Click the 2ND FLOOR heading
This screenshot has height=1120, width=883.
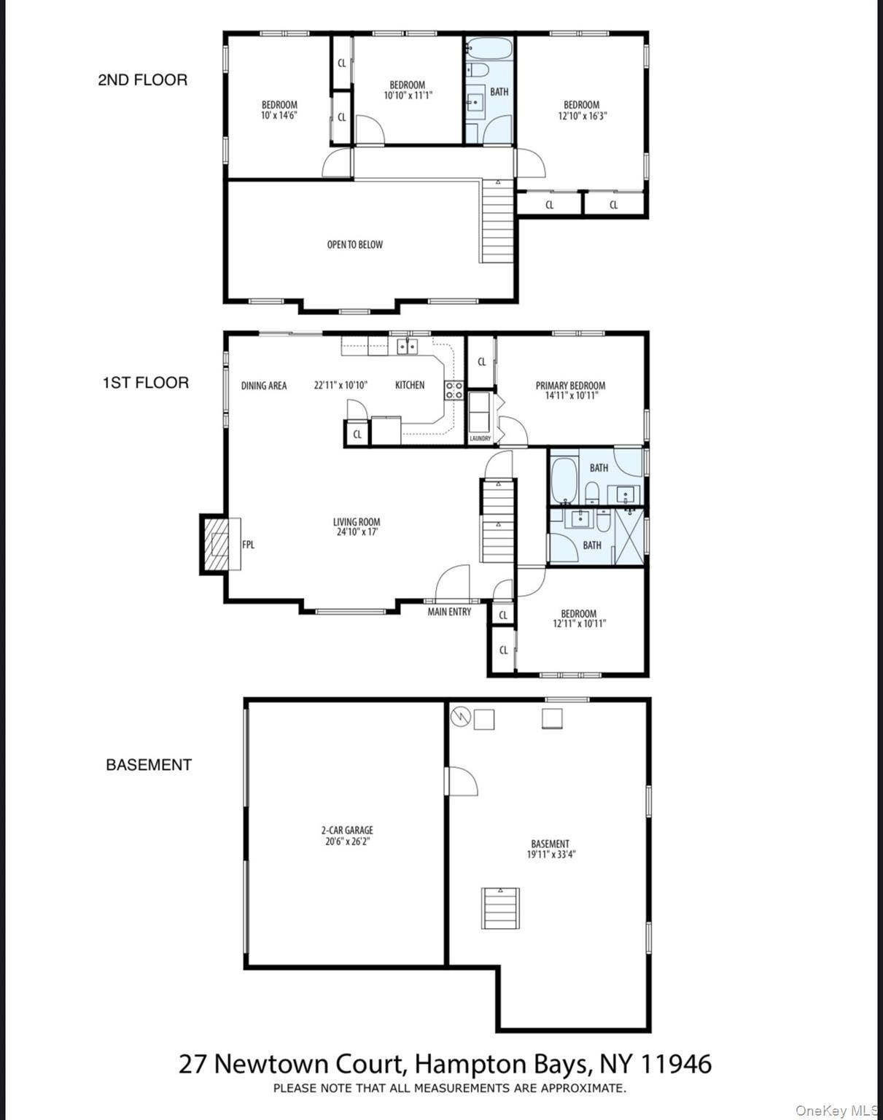pos(142,80)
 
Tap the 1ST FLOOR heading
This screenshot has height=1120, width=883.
pos(145,383)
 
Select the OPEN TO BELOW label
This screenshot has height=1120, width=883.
pos(354,245)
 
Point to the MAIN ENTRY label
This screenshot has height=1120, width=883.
pos(449,612)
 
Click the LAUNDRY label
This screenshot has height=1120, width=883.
pos(480,438)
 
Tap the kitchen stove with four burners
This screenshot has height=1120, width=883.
pos(454,390)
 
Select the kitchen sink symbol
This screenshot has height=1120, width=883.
pos(407,346)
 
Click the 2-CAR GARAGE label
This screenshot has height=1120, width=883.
pos(347,830)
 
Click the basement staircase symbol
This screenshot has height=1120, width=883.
pos(500,908)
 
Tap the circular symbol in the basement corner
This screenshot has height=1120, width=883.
pos(459,717)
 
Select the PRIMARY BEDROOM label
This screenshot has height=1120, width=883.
pos(570,386)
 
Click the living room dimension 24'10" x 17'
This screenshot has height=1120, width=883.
pos(357,532)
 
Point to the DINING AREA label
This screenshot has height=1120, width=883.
pos(264,386)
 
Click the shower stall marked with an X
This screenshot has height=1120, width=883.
pos(630,536)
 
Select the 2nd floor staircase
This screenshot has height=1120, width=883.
pos(498,222)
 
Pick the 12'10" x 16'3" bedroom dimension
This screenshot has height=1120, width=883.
pos(581,116)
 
